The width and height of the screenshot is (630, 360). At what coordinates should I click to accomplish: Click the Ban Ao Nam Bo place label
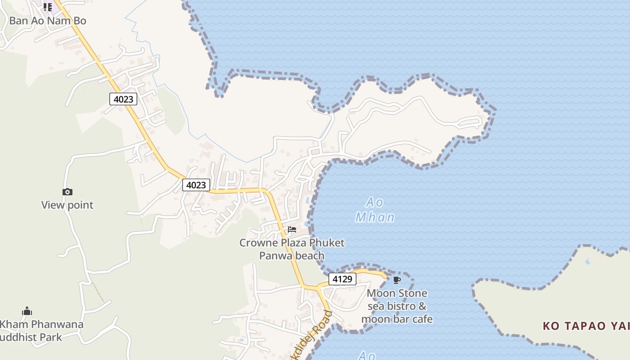click(48, 21)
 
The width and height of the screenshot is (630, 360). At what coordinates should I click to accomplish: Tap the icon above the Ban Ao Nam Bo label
click(48, 7)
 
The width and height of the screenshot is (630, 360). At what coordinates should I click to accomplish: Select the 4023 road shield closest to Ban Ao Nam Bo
click(123, 99)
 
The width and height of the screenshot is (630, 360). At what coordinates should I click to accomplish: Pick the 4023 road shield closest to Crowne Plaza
click(196, 184)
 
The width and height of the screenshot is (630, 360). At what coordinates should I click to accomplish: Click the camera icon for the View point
click(67, 192)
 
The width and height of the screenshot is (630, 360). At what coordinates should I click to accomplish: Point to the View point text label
click(67, 205)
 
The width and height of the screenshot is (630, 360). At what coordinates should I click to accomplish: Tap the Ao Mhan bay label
click(375, 210)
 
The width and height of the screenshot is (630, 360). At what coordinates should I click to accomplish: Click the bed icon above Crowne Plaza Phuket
click(292, 229)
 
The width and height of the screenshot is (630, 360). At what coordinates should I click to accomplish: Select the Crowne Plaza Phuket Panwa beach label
click(292, 249)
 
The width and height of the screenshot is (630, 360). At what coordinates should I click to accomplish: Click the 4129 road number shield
click(342, 279)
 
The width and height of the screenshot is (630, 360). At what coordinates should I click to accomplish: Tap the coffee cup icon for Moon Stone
click(396, 280)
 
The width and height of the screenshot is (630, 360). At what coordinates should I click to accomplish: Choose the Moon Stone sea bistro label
click(397, 306)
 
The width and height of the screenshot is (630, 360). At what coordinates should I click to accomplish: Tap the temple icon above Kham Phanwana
click(27, 311)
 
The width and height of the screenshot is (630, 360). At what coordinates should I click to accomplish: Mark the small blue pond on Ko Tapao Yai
click(588, 261)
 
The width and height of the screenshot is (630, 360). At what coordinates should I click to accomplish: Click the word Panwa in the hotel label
click(275, 256)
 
